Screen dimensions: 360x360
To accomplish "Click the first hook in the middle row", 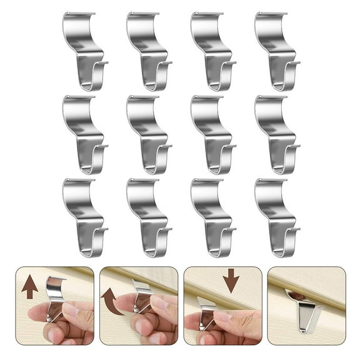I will click(x=84, y=134).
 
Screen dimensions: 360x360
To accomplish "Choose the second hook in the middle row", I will click(x=148, y=134).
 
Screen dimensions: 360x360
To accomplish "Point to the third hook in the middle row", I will click(x=212, y=134).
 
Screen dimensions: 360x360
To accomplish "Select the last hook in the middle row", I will click(x=277, y=134).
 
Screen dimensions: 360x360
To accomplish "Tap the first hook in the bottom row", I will click(x=84, y=217).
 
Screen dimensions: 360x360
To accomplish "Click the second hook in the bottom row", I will click(x=148, y=217).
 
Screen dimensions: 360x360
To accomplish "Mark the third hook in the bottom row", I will click(x=212, y=217).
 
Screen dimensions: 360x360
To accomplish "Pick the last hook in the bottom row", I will click(x=277, y=217).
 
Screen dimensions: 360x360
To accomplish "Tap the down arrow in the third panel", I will click(x=231, y=281).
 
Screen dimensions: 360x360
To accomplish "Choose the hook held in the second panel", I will click(x=142, y=300).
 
